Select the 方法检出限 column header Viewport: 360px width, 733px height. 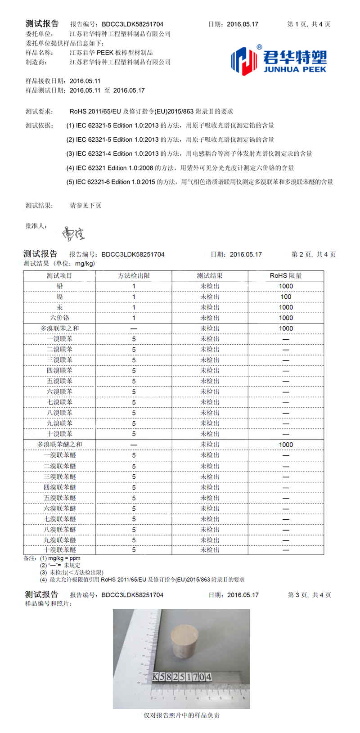(134, 276)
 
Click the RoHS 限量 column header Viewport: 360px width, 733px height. (286, 276)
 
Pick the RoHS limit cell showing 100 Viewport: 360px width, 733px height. (286, 297)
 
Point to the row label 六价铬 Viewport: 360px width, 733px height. (59, 318)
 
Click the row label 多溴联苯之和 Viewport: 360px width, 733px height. (59, 328)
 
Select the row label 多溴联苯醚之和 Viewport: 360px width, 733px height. (59, 445)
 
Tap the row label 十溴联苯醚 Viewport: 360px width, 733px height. (59, 550)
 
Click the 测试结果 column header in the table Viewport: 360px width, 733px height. (210, 276)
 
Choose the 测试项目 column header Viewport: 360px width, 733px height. (59, 276)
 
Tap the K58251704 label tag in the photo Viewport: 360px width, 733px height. (182, 677)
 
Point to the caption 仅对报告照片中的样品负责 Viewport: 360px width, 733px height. (181, 715)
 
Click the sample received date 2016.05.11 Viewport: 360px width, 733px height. (85, 81)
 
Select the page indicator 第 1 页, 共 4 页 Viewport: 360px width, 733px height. (309, 24)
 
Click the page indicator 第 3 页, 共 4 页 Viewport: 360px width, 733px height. (309, 595)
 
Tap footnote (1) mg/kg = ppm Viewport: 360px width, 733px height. (60, 558)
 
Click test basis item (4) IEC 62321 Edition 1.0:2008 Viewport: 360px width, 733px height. (180, 168)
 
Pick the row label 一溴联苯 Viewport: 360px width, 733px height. (59, 339)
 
